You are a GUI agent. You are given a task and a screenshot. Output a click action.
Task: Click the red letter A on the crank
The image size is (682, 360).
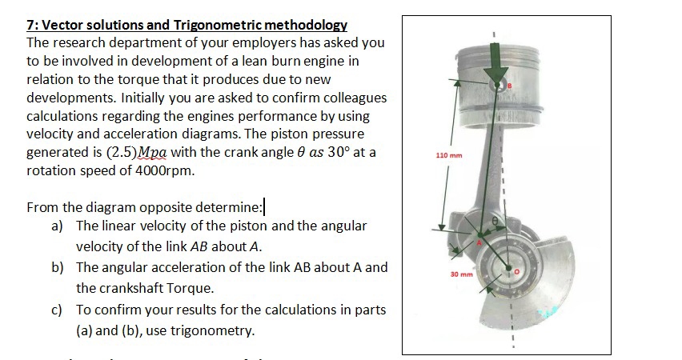coord(480,242)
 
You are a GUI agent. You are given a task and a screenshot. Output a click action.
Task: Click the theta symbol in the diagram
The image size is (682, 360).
coord(495,218)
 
